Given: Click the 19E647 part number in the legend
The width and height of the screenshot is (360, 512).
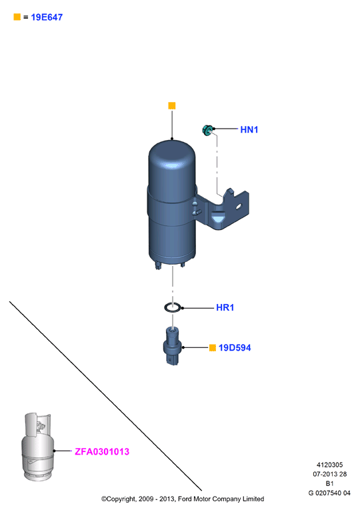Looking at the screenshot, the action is pyautogui.click(x=47, y=17).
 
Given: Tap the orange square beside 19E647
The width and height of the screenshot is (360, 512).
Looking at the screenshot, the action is pyautogui.click(x=17, y=17).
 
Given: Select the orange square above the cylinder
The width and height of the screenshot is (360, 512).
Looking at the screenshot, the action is pyautogui.click(x=172, y=106).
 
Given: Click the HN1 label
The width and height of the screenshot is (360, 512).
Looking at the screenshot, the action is pyautogui.click(x=249, y=129).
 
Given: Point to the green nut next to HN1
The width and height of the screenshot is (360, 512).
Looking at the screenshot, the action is pyautogui.click(x=207, y=129).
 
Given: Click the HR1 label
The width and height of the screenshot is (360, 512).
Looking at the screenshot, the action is pyautogui.click(x=225, y=307).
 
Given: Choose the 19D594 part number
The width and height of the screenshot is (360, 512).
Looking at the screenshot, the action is pyautogui.click(x=235, y=348).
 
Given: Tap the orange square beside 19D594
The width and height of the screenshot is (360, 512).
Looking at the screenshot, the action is pyautogui.click(x=213, y=348).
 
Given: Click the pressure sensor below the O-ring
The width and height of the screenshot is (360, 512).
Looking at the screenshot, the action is pyautogui.click(x=172, y=346).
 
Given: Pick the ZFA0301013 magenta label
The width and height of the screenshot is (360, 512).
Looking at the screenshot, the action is pyautogui.click(x=102, y=451).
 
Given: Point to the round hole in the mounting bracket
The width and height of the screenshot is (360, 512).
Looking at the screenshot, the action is pyautogui.click(x=239, y=207).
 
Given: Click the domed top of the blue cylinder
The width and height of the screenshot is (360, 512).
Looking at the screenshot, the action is pyautogui.click(x=172, y=153).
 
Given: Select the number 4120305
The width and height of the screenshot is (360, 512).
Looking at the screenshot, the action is pyautogui.click(x=329, y=465).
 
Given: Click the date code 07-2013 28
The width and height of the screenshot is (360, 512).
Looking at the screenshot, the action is pyautogui.click(x=329, y=474).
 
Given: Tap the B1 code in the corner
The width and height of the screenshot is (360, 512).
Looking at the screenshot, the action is pyautogui.click(x=329, y=483).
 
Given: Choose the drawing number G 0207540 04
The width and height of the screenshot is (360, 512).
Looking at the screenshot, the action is pyautogui.click(x=329, y=493).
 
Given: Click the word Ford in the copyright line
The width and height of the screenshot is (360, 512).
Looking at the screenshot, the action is pyautogui.click(x=185, y=499).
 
